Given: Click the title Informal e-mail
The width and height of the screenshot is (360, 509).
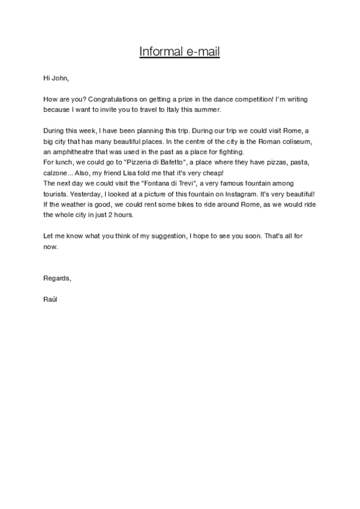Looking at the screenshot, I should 179,52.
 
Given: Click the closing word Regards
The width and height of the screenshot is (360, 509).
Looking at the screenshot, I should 58,277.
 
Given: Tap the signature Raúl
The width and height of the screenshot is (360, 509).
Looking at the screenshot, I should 51,298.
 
